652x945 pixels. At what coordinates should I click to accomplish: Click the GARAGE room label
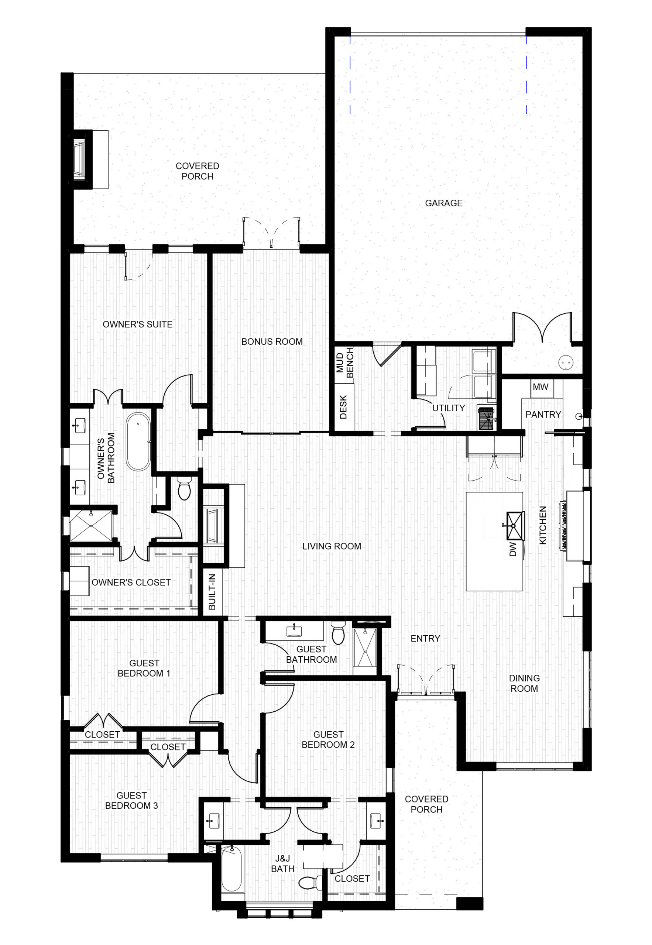[444, 203]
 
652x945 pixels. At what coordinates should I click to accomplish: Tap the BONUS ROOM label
[272, 341]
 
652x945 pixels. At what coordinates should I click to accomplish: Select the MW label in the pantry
[541, 387]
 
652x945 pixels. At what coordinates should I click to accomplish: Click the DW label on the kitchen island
[513, 549]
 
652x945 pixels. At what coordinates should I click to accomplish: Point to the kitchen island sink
[515, 526]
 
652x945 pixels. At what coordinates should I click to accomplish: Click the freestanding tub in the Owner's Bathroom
[138, 441]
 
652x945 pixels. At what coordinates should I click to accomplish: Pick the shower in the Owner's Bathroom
[91, 526]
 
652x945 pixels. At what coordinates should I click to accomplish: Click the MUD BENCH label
[345, 362]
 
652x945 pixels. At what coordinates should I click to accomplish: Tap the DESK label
[343, 407]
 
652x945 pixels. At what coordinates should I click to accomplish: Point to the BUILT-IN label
[212, 592]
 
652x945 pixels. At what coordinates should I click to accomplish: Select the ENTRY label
[425, 638]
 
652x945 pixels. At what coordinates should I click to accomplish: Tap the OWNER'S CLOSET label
[131, 583]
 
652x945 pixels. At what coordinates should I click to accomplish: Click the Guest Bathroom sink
[294, 631]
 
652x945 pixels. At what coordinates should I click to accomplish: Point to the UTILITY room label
[449, 408]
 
